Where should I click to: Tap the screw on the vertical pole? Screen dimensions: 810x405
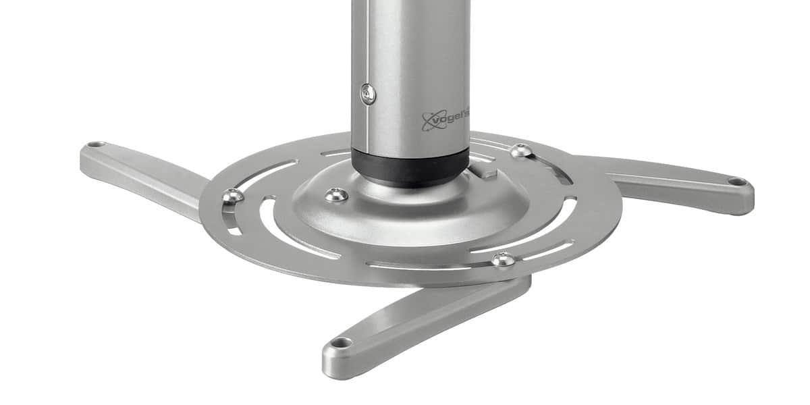click(368, 94)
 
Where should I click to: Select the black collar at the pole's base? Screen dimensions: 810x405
click(410, 168)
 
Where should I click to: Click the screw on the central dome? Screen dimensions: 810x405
click(336, 195)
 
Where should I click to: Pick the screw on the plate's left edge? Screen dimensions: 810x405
click(233, 196)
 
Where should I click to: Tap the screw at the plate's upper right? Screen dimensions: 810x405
click(520, 151)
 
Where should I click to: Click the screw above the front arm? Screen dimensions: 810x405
click(503, 259)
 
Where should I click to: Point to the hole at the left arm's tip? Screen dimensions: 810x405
click(95, 144)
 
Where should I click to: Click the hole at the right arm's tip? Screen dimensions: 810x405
click(737, 181)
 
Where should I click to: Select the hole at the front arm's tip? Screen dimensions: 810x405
click(342, 342)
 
